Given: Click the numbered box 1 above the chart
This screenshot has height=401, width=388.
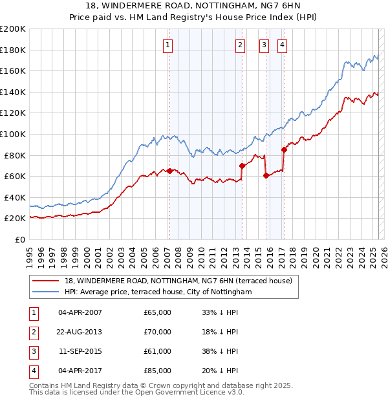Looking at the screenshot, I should [x=168, y=45].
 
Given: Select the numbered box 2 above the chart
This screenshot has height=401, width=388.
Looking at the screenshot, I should [x=240, y=45].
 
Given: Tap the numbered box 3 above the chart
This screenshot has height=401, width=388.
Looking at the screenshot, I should [x=264, y=45].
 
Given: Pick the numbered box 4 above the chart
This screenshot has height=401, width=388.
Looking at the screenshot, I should [x=283, y=45].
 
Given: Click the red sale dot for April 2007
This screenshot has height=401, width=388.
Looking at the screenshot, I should [x=169, y=171].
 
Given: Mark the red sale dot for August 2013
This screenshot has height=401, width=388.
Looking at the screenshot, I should [x=242, y=166].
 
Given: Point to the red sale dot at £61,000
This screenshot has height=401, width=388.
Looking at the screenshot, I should [x=266, y=175].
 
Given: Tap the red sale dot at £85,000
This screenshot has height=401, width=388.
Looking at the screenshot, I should [x=284, y=149].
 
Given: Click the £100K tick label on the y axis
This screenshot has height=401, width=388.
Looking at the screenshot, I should [x=12, y=134].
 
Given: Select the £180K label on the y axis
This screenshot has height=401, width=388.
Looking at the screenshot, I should [x=12, y=50].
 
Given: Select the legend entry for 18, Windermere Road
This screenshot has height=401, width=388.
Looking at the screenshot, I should [x=178, y=281].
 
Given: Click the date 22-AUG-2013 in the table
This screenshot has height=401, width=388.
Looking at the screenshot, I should [x=80, y=332].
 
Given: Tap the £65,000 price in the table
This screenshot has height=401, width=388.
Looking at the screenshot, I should [x=157, y=312].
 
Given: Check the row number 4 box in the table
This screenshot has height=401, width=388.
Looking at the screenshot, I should [x=32, y=371].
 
